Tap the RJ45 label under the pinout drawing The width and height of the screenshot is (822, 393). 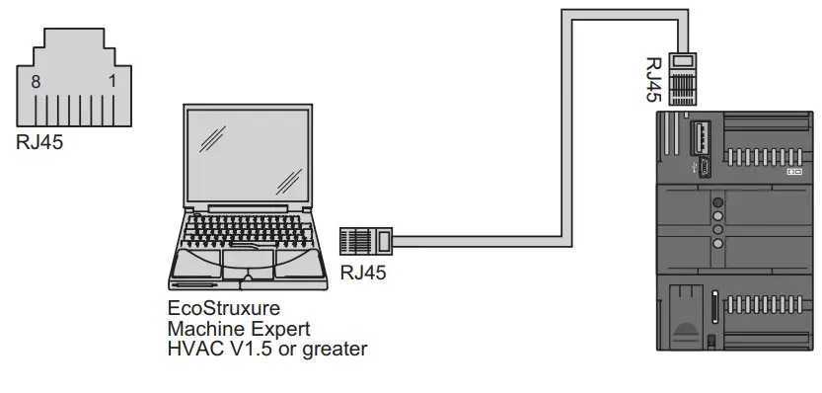[38, 141]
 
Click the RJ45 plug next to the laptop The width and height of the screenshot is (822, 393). [366, 239]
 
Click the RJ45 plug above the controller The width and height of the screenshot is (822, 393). [683, 76]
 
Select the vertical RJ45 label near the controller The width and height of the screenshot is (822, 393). [653, 80]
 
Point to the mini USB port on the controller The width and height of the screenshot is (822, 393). [706, 165]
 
